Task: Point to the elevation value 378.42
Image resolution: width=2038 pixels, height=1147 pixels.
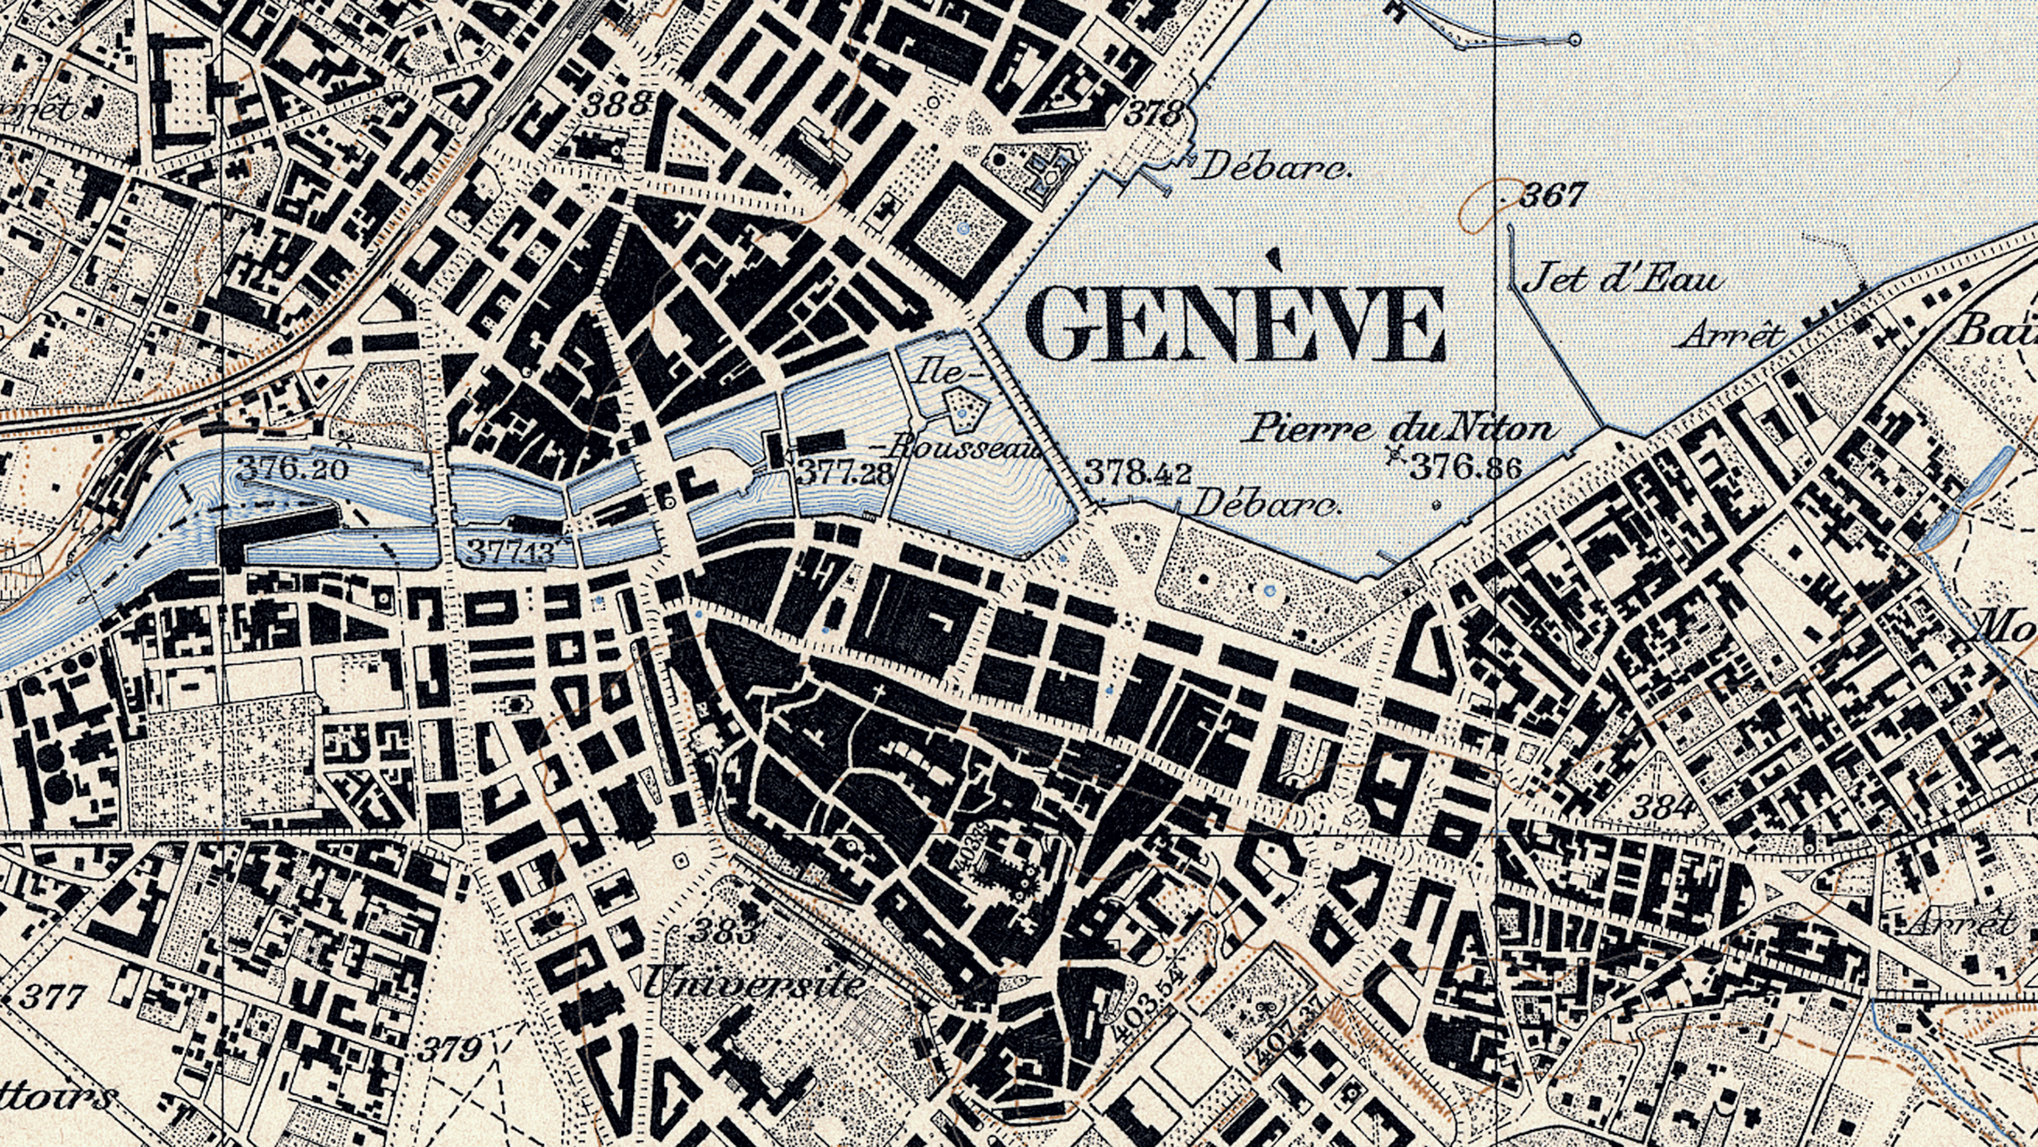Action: click(x=1137, y=473)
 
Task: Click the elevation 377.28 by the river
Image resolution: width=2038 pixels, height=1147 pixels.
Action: click(x=843, y=473)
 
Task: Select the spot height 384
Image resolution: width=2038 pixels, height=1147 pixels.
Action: click(x=1662, y=808)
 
